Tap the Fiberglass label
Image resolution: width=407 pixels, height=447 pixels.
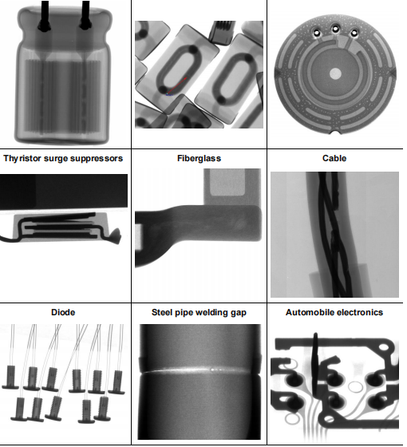(199, 158)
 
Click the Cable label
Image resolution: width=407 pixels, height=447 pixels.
(334, 158)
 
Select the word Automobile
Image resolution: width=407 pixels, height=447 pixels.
(311, 312)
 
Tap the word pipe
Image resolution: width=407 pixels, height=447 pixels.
(187, 312)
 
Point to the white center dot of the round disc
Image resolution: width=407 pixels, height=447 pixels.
(335, 73)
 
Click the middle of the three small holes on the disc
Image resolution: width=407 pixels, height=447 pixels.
(335, 31)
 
